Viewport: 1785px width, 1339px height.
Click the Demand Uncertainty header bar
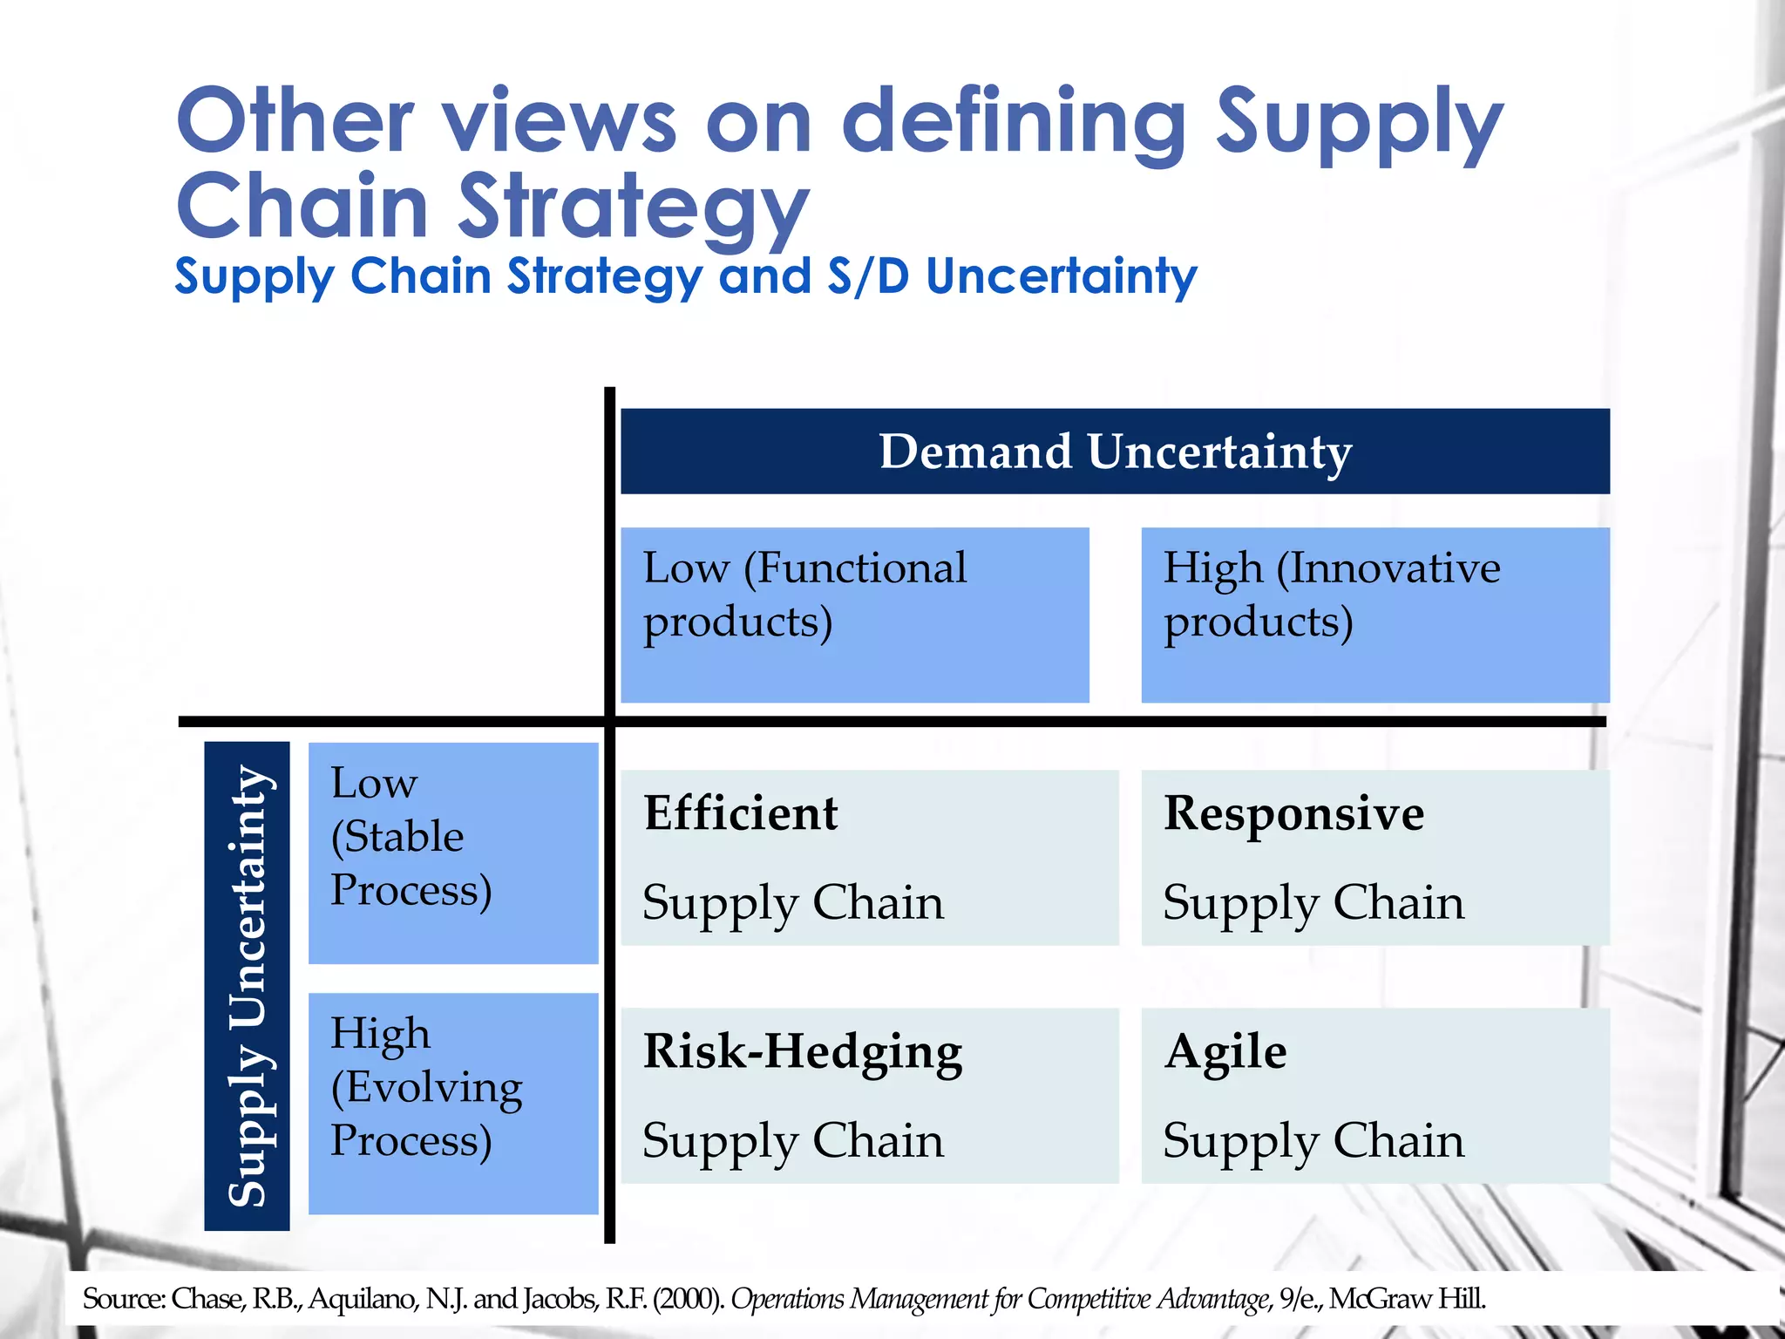(x=1115, y=452)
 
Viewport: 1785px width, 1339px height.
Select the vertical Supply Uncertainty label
(x=248, y=985)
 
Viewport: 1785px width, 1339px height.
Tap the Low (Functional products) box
(x=854, y=614)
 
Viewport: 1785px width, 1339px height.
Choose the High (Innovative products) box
(x=1374, y=614)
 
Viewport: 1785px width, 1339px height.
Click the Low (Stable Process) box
(x=453, y=853)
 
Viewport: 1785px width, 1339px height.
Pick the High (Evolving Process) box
(x=453, y=1103)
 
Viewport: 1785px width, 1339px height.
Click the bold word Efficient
(x=741, y=812)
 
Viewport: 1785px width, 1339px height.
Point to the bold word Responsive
(x=1293, y=812)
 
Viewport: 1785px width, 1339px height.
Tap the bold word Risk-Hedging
(x=803, y=1051)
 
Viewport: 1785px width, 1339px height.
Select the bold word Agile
(x=1225, y=1051)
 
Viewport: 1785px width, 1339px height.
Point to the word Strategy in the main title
(x=634, y=207)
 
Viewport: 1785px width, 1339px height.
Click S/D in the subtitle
(x=868, y=276)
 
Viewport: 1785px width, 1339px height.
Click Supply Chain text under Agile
(x=1313, y=1141)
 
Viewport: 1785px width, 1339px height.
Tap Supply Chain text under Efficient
(x=793, y=903)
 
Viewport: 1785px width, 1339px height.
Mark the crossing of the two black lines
(x=609, y=722)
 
